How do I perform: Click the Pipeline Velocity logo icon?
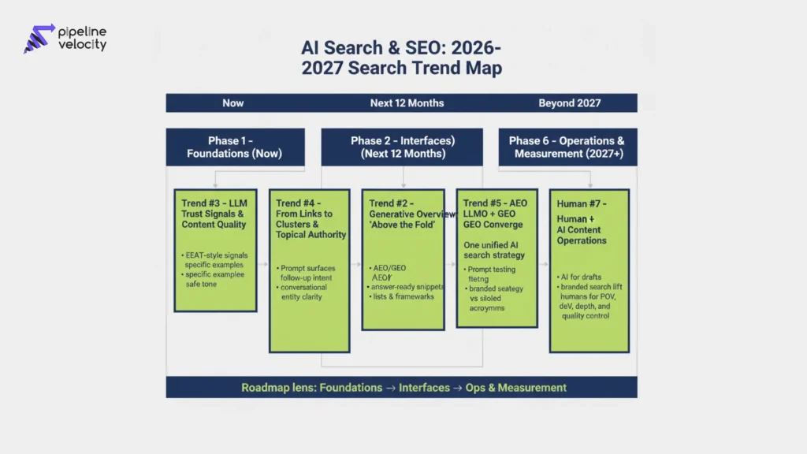pyautogui.click(x=39, y=38)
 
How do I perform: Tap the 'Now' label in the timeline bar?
pyautogui.click(x=233, y=103)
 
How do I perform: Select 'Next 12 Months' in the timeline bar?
pyautogui.click(x=407, y=103)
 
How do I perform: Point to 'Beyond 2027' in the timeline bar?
pyautogui.click(x=569, y=103)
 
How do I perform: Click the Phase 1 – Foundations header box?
pyautogui.click(x=234, y=147)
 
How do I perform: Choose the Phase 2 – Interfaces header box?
pyautogui.click(x=403, y=147)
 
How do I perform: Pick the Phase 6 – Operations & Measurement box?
pyautogui.click(x=568, y=147)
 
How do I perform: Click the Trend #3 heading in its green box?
pyautogui.click(x=214, y=214)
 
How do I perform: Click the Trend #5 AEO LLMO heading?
pyautogui.click(x=496, y=214)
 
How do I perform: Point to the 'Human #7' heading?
pyautogui.click(x=582, y=203)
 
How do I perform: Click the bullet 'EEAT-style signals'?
pyautogui.click(x=214, y=255)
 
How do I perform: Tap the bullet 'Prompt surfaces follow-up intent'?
pyautogui.click(x=312, y=273)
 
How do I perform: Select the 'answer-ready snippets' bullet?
pyautogui.click(x=406, y=286)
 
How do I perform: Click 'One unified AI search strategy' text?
pyautogui.click(x=494, y=250)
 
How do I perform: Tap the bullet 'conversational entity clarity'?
pyautogui.click(x=306, y=292)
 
